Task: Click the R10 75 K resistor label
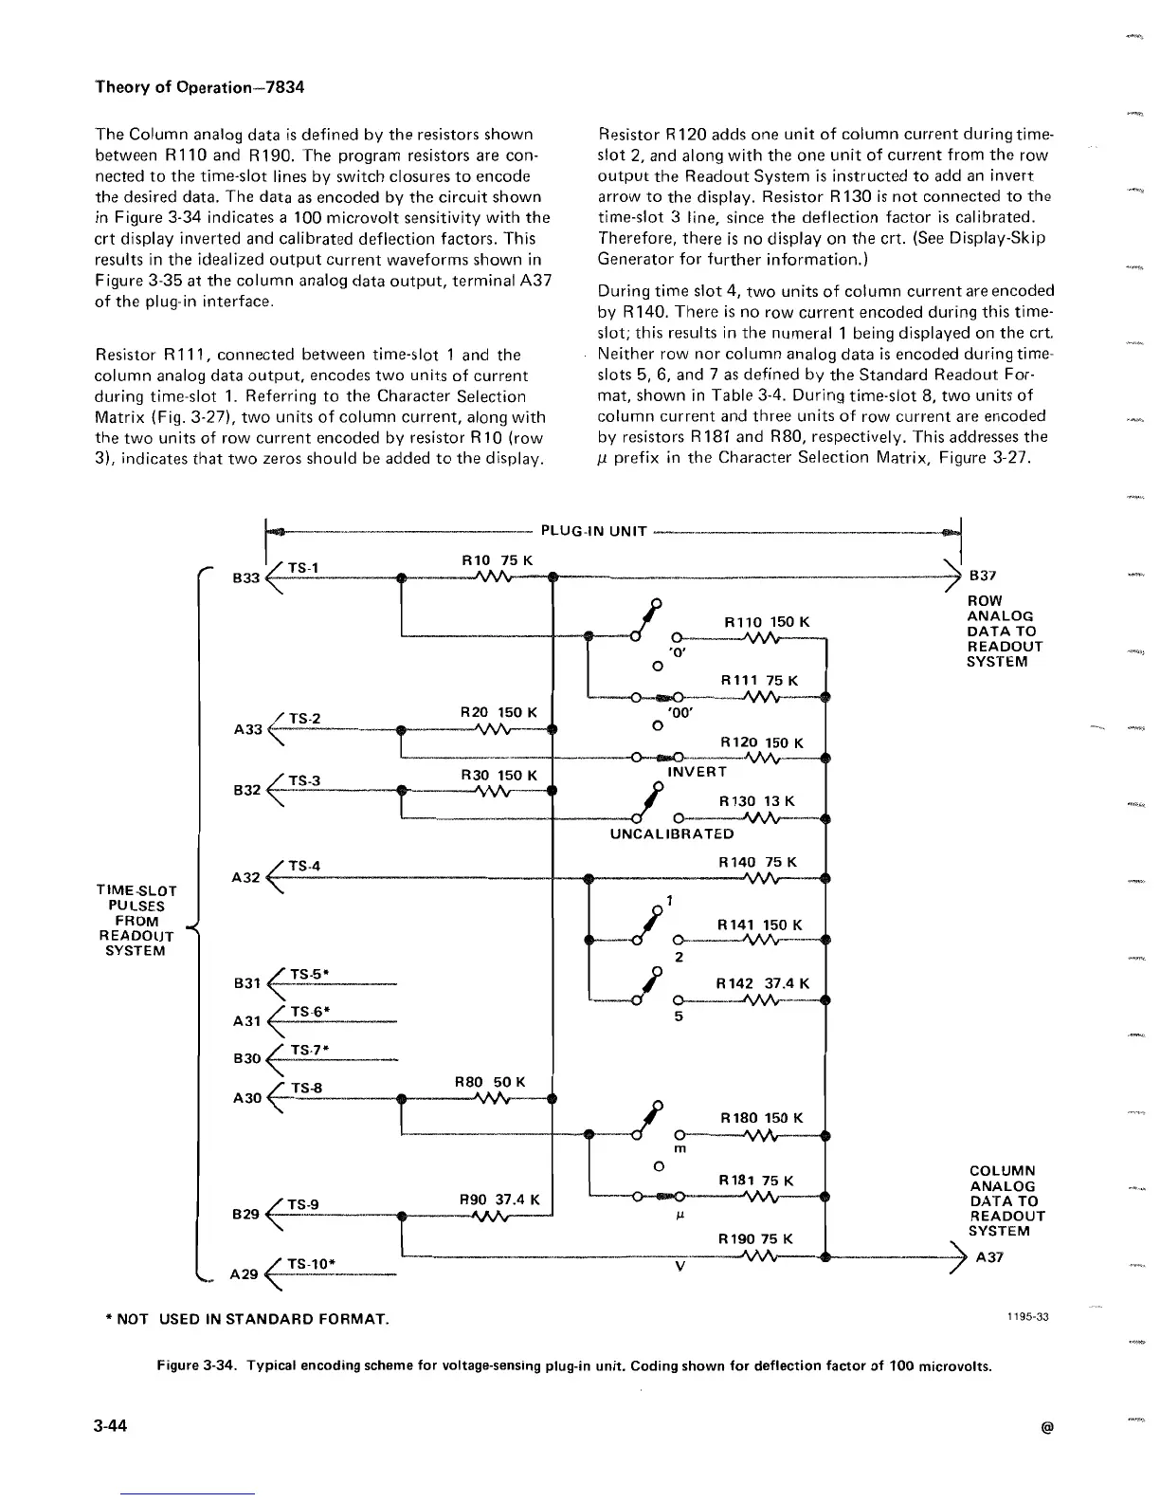pyautogui.click(x=497, y=560)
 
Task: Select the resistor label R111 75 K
pyautogui.click(x=760, y=680)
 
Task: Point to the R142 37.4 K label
pyautogui.click(x=763, y=983)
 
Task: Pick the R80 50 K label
pyautogui.click(x=490, y=1082)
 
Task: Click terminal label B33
pyautogui.click(x=245, y=577)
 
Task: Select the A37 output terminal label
pyautogui.click(x=989, y=1257)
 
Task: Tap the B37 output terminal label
pyautogui.click(x=983, y=576)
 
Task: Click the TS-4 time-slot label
pyautogui.click(x=304, y=866)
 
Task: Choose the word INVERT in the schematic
pyautogui.click(x=697, y=772)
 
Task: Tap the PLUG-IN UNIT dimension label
pyautogui.click(x=593, y=531)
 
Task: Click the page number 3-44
pyautogui.click(x=112, y=1426)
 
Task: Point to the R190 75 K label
pyautogui.click(x=755, y=1239)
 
